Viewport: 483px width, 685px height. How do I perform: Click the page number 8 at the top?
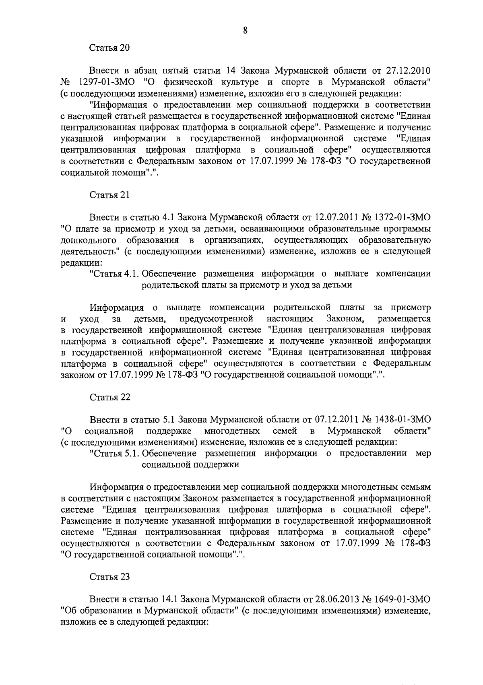tap(245, 30)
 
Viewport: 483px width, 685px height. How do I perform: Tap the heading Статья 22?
tap(109, 397)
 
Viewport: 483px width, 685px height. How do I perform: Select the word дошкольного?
tap(89, 240)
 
